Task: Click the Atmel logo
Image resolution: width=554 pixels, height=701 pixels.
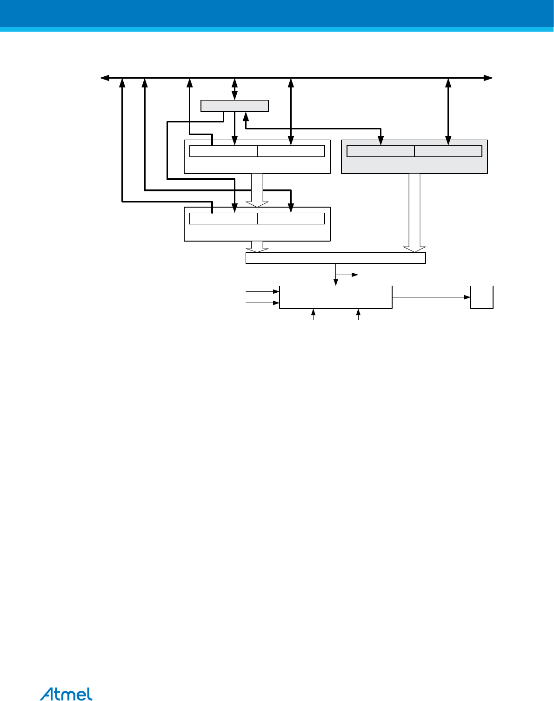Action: pyautogui.click(x=66, y=694)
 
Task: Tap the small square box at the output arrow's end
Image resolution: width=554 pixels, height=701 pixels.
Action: pyautogui.click(x=481, y=297)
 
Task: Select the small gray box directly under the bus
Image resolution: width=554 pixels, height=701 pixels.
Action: pyautogui.click(x=234, y=106)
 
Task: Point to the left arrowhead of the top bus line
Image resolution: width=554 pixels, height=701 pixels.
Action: pyautogui.click(x=105, y=78)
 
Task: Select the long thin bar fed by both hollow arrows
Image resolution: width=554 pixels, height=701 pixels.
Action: pyautogui.click(x=335, y=258)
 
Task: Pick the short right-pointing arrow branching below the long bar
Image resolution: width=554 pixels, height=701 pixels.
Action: pyautogui.click(x=347, y=275)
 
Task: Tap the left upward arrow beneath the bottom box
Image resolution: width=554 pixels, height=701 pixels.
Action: pyautogui.click(x=314, y=314)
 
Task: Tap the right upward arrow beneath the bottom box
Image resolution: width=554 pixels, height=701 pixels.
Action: pyautogui.click(x=358, y=314)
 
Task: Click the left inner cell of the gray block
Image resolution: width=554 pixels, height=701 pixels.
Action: pyautogui.click(x=380, y=151)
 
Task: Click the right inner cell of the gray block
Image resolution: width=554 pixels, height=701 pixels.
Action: pyautogui.click(x=448, y=151)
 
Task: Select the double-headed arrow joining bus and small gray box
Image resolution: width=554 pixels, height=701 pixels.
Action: pyautogui.click(x=234, y=89)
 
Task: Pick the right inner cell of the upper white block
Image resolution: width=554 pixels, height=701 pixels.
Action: pyautogui.click(x=291, y=151)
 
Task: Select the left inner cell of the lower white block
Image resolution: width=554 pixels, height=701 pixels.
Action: pyautogui.click(x=223, y=218)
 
